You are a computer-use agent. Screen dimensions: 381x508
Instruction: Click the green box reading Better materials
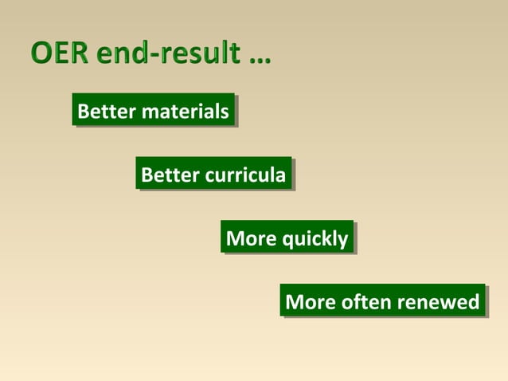click(154, 111)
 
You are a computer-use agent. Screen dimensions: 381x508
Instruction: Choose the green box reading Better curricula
click(213, 174)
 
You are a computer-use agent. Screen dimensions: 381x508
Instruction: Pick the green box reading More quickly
click(287, 238)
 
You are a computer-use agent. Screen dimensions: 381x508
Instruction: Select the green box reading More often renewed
click(382, 301)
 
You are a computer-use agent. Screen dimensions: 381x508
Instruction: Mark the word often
click(366, 301)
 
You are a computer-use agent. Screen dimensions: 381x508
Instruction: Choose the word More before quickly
click(252, 238)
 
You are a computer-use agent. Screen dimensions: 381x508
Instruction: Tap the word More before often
click(311, 302)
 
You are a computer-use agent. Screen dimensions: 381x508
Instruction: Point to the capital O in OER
click(41, 54)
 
